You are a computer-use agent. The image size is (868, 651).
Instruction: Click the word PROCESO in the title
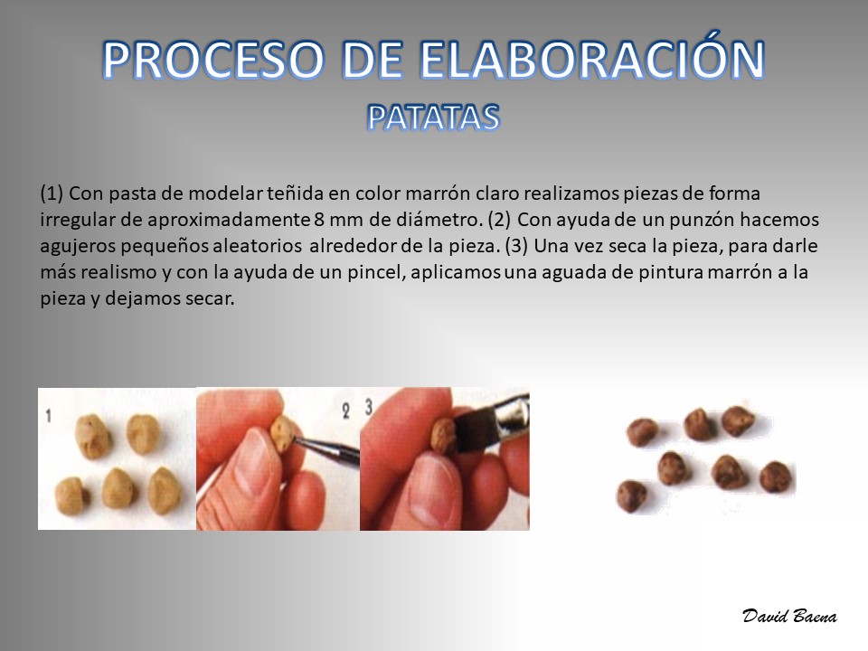click(213, 60)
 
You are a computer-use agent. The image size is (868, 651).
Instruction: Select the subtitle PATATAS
click(433, 118)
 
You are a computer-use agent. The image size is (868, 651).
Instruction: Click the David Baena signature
click(789, 616)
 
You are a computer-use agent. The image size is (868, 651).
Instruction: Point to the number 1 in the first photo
click(49, 415)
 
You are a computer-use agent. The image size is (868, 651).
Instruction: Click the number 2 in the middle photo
click(346, 410)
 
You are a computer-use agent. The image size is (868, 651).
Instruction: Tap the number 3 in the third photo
click(369, 408)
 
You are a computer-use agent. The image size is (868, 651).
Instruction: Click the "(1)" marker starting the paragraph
click(52, 193)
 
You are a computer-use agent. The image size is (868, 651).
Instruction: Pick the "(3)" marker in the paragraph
click(516, 246)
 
